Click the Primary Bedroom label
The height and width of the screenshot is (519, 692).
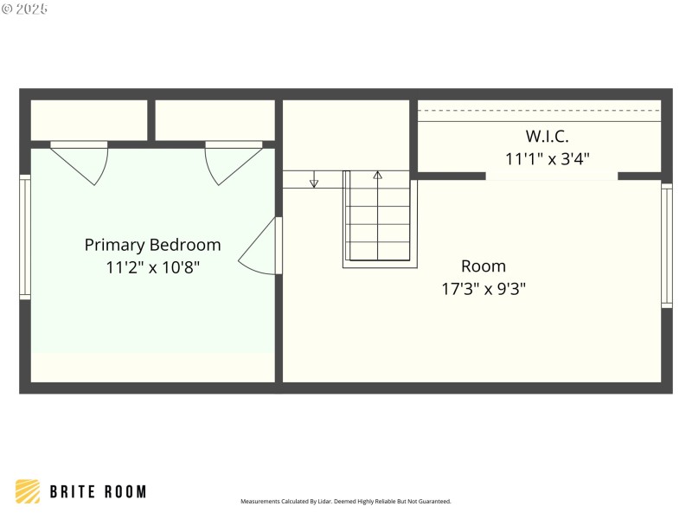(x=152, y=245)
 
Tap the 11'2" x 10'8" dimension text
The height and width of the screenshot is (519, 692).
(x=152, y=267)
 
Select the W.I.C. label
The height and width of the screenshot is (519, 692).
(x=548, y=136)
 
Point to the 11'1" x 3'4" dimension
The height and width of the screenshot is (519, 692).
(x=548, y=158)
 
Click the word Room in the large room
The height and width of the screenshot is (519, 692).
(x=483, y=266)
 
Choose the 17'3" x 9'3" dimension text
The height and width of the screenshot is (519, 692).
(x=483, y=288)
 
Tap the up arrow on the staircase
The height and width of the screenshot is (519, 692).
(x=377, y=176)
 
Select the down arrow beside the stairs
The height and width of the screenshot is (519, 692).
(x=314, y=182)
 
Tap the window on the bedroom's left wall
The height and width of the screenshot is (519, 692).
(x=25, y=237)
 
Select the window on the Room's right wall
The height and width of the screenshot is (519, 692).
(x=666, y=246)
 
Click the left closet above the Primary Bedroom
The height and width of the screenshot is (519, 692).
(x=89, y=119)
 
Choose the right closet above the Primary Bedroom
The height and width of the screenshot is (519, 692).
(x=215, y=119)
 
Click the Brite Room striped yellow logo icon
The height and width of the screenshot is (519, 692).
(x=28, y=491)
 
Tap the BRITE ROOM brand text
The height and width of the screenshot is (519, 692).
(x=98, y=491)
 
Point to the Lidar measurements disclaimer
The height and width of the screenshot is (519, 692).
(x=346, y=501)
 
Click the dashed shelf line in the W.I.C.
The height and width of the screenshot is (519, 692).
(x=540, y=111)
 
